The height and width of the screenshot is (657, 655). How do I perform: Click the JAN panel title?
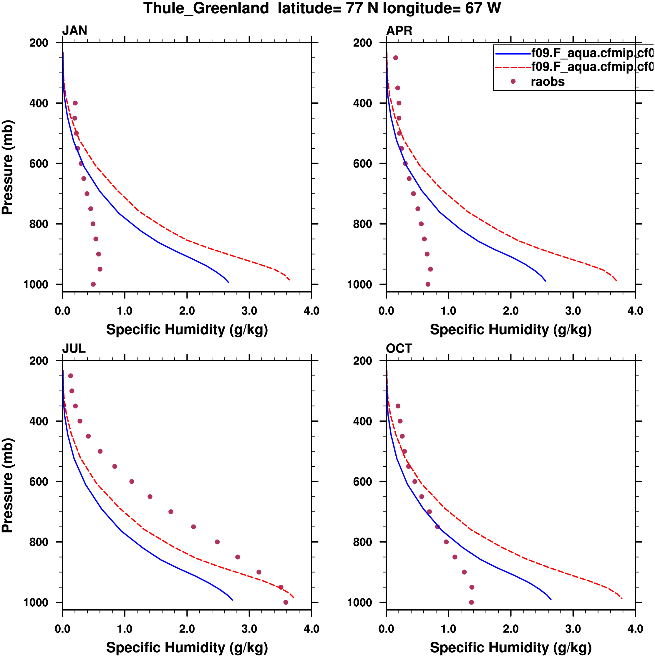click(74, 31)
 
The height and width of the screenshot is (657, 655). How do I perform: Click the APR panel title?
click(399, 31)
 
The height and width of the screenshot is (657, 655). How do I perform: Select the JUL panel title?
click(74, 349)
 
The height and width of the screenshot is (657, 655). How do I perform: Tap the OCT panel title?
click(399, 349)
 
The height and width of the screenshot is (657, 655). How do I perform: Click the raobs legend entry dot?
click(513, 81)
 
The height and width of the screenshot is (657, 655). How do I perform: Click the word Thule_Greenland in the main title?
click(206, 8)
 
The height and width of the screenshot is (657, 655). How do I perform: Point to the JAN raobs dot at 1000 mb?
click(93, 284)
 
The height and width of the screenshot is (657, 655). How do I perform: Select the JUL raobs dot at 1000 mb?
click(286, 603)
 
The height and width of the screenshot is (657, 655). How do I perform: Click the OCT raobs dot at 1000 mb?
click(471, 603)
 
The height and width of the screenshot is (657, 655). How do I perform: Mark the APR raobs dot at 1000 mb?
click(428, 284)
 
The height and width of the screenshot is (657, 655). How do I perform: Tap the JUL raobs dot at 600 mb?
click(132, 481)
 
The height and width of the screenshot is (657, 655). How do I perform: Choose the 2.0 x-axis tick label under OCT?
click(510, 629)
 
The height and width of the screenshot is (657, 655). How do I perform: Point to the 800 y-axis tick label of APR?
click(362, 224)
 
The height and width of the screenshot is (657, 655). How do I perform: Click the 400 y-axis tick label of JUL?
click(39, 421)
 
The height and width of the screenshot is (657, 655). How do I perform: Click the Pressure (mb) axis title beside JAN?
click(7, 167)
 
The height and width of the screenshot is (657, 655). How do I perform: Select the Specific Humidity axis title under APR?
click(510, 330)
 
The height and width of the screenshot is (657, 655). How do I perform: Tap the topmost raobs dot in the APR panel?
click(395, 58)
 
